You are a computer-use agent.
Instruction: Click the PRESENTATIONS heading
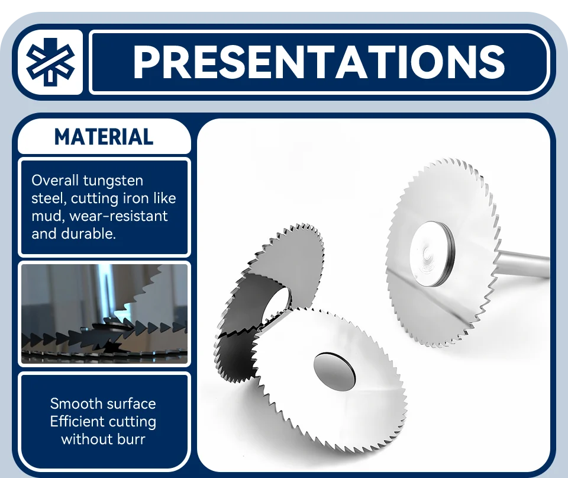[319, 62]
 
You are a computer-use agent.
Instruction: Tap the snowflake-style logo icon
[50, 62]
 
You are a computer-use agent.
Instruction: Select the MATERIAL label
[104, 137]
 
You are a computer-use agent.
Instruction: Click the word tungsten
[113, 181]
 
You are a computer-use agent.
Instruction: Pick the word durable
[89, 233]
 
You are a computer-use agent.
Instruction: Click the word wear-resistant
[118, 216]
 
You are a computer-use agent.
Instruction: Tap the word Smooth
[76, 403]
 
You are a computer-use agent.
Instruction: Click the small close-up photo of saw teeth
[104, 314]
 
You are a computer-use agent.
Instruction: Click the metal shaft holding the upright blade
[522, 262]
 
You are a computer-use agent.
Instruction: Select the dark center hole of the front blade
[334, 371]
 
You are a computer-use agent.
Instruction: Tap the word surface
[131, 403]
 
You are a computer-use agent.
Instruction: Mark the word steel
[49, 198]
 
